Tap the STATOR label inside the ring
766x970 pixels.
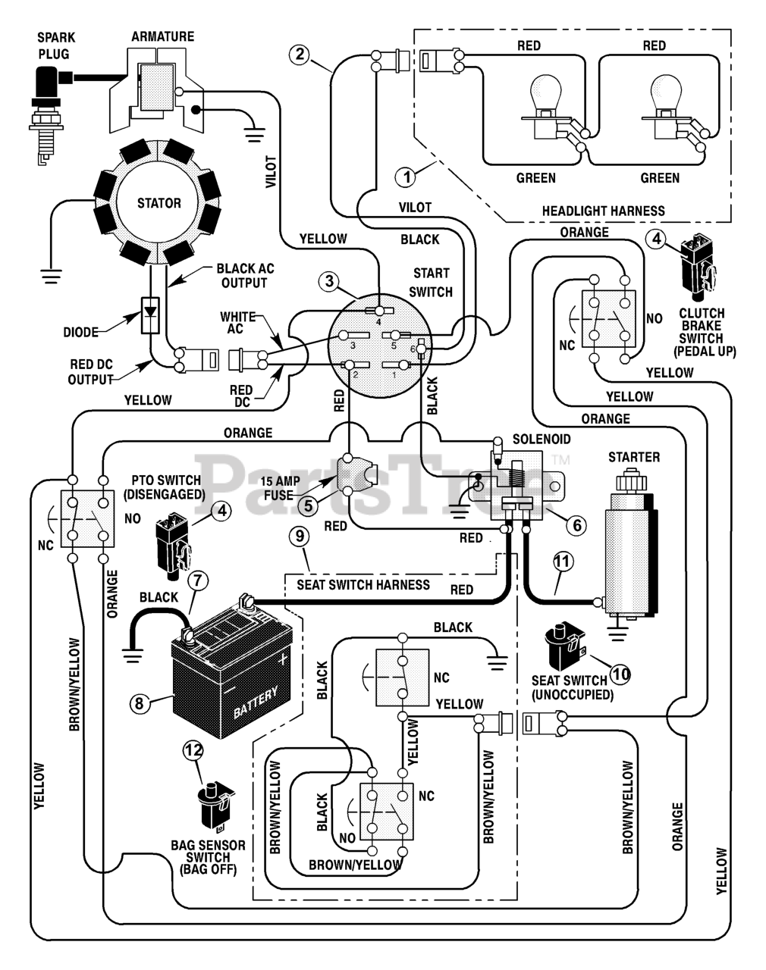pyautogui.click(x=159, y=203)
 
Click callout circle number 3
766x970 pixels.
pyautogui.click(x=328, y=282)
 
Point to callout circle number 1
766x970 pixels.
pyautogui.click(x=407, y=177)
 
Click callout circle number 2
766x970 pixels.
pyautogui.click(x=300, y=54)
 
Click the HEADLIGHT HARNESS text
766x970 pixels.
pyautogui.click(x=603, y=211)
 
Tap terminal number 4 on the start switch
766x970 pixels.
pyautogui.click(x=378, y=311)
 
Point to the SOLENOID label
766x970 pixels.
pyautogui.click(x=542, y=439)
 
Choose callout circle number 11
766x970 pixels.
pyautogui.click(x=562, y=562)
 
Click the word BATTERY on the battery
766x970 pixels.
pyautogui.click(x=255, y=702)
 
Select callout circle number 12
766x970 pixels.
pyautogui.click(x=193, y=749)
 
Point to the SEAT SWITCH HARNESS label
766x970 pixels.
pyautogui.click(x=363, y=585)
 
